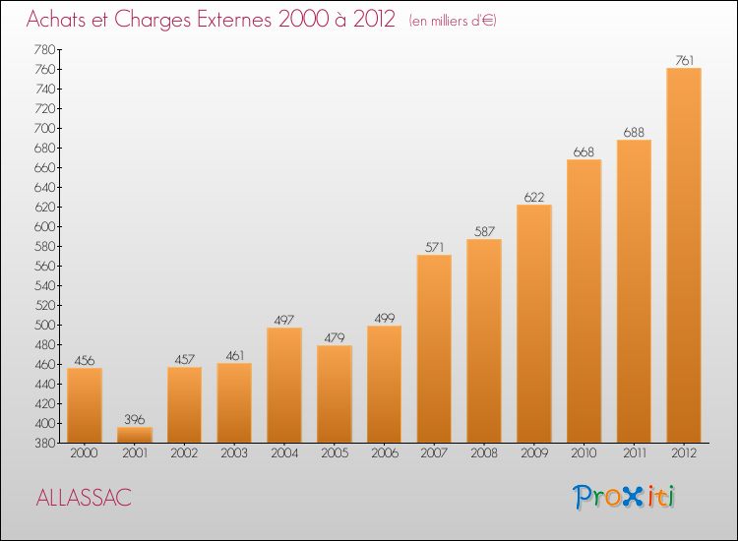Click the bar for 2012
pyautogui.click(x=684, y=256)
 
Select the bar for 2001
pyautogui.click(x=135, y=434)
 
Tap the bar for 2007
pyautogui.click(x=434, y=349)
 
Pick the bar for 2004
pyautogui.click(x=284, y=386)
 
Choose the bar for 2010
pyautogui.click(x=584, y=301)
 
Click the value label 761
pyautogui.click(x=684, y=60)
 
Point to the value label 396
pyautogui.click(x=135, y=419)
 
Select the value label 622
pyautogui.click(x=534, y=197)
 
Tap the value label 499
pyautogui.click(x=384, y=318)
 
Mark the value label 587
pyautogui.click(x=484, y=231)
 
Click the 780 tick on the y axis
pyautogui.click(x=43, y=49)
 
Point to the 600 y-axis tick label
pyautogui.click(x=43, y=226)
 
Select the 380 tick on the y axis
pyautogui.click(x=43, y=443)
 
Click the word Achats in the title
pyautogui.click(x=59, y=20)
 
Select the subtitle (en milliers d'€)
pyautogui.click(x=453, y=21)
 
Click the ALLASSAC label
pyautogui.click(x=83, y=498)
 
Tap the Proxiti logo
pyautogui.click(x=624, y=497)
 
